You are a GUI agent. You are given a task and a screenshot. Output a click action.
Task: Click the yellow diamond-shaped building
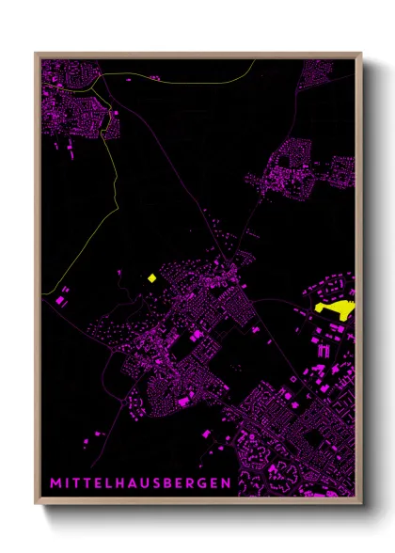[x=150, y=277]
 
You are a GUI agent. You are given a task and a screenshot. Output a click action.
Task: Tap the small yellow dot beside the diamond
[x=121, y=274]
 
